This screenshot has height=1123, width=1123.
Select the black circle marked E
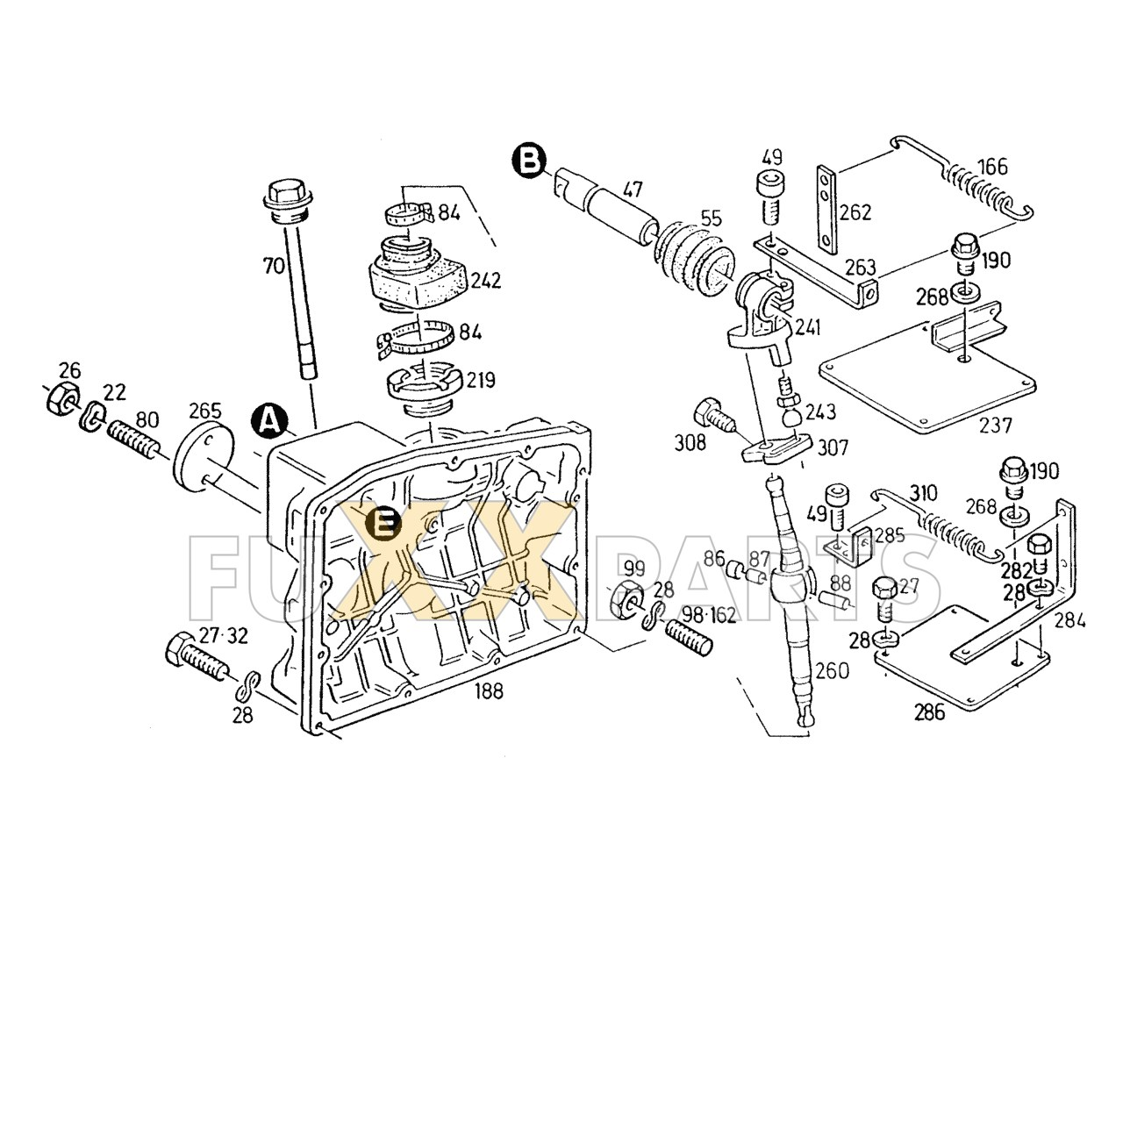coord(383,525)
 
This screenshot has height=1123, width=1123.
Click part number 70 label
coord(274,264)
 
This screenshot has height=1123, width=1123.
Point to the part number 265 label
coord(204,411)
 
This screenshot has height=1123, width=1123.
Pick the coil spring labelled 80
coord(133,437)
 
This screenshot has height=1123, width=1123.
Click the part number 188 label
coord(489,690)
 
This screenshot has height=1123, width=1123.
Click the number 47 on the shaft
coord(633,190)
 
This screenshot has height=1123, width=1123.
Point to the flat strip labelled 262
coord(826,206)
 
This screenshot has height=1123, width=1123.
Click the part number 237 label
coord(995,426)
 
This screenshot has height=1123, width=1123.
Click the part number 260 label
coord(831,671)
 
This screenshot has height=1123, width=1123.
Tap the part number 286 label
coord(929,712)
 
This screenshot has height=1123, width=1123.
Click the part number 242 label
coord(485,281)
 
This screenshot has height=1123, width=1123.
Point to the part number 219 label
coord(480,380)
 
